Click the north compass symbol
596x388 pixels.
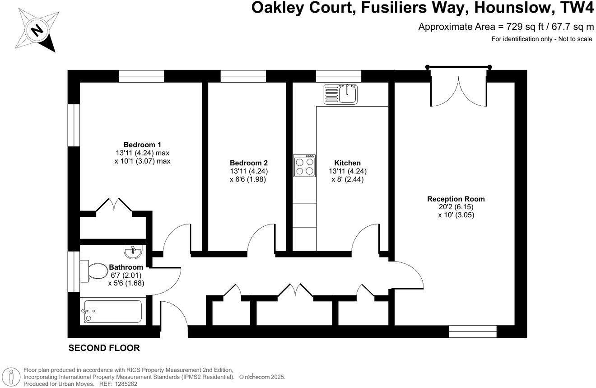point(38,31)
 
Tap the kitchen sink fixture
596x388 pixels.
point(340,93)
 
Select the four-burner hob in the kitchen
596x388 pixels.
point(304,166)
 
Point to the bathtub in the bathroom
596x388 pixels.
point(112,312)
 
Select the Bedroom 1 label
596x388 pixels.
point(142,145)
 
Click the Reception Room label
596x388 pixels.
point(456,199)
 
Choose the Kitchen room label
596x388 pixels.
point(347,163)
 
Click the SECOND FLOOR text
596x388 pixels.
point(104,348)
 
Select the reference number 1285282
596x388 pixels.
point(125,383)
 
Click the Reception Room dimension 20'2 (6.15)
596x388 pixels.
point(456,207)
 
